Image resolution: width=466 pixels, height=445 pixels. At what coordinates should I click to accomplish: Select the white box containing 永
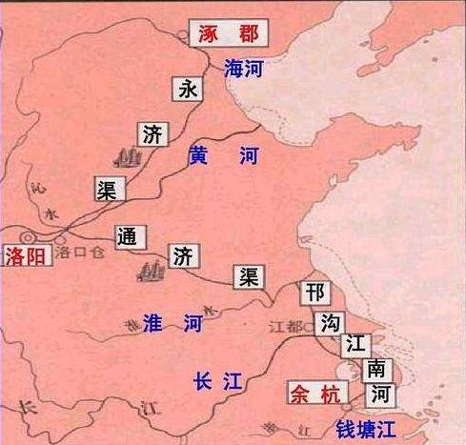click(x=187, y=90)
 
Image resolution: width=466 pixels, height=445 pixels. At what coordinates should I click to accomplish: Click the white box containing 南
click(x=375, y=367)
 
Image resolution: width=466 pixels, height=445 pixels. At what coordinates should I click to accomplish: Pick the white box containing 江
click(x=354, y=342)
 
